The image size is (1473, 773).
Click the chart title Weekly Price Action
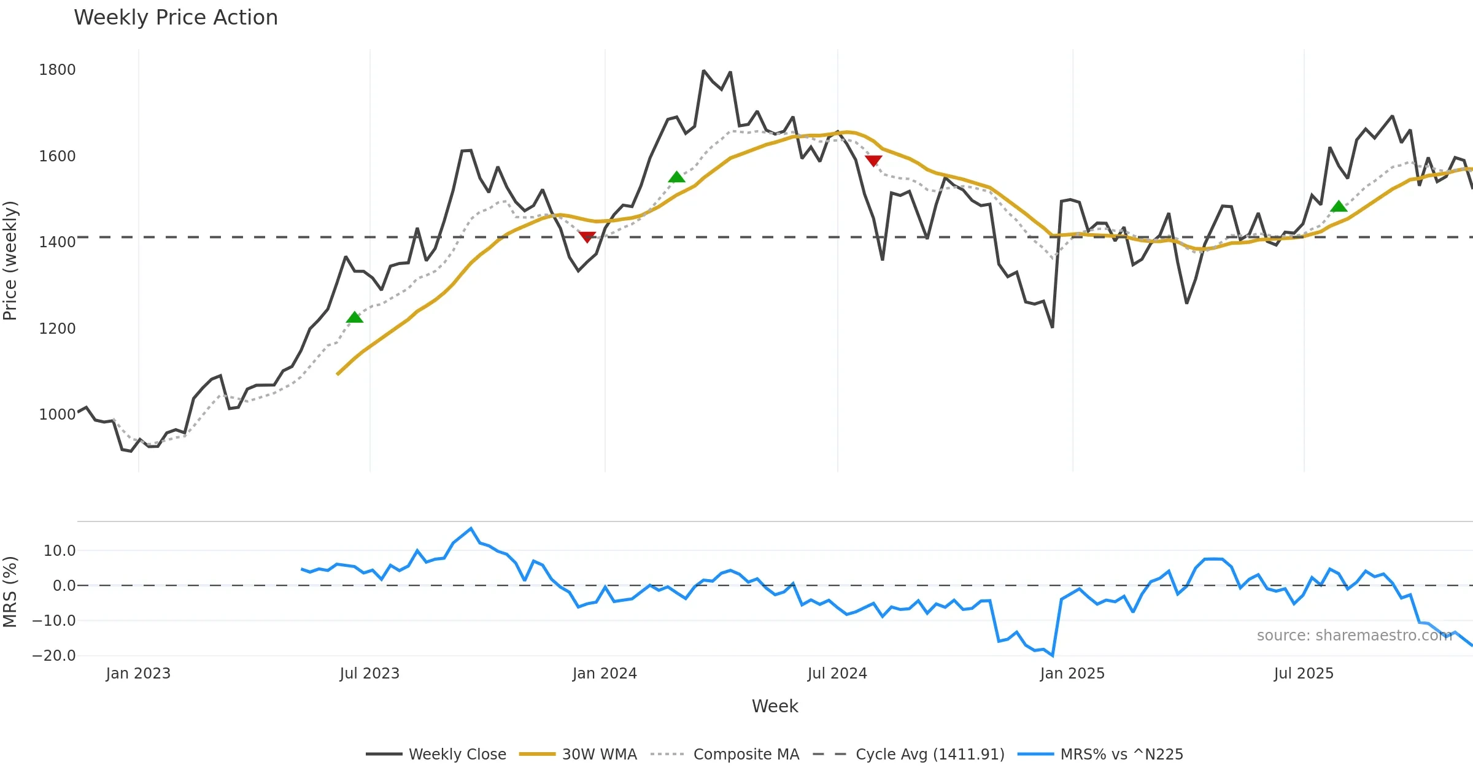point(176,18)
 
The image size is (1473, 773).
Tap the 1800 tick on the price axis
point(57,70)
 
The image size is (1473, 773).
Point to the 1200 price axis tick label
point(57,329)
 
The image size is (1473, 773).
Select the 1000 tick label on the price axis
point(57,415)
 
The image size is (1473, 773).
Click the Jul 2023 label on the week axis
point(369,674)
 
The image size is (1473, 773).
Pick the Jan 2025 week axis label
point(1072,674)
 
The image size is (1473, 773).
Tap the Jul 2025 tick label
point(1304,674)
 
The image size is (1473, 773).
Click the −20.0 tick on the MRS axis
point(54,656)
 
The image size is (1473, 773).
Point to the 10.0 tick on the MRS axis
point(59,551)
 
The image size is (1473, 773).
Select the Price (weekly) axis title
point(10,261)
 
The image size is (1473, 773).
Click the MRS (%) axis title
point(10,592)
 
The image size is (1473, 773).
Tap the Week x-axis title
point(775,707)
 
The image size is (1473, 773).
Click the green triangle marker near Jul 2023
point(355,317)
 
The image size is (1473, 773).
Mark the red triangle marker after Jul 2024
point(873,161)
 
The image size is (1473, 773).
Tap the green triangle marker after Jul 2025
point(1339,206)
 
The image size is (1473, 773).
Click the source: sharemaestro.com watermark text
point(1354,636)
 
